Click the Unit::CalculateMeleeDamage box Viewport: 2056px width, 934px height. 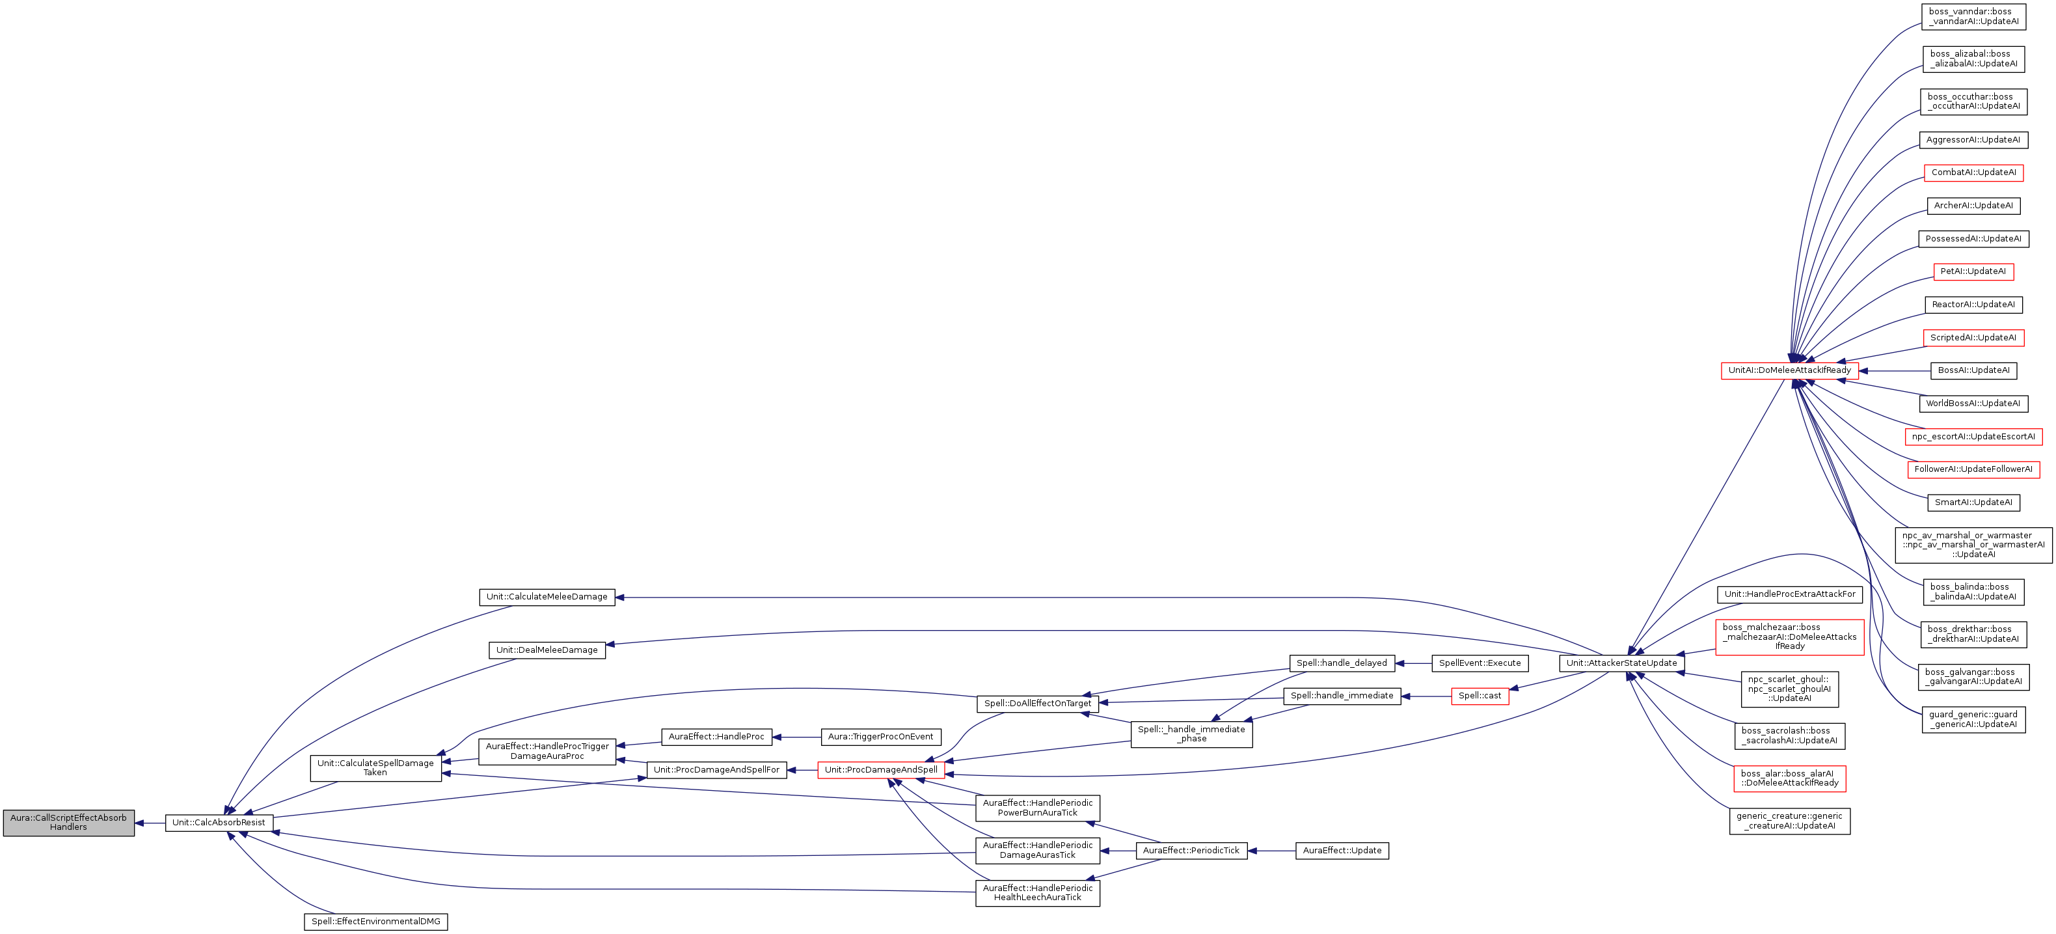click(547, 597)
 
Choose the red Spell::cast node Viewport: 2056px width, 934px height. click(1480, 696)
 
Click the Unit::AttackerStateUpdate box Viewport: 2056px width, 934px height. click(1622, 663)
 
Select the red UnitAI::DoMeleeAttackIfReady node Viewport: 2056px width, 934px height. click(1789, 370)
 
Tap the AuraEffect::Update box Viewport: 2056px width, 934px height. click(1342, 851)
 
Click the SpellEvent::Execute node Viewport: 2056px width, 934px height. click(1480, 663)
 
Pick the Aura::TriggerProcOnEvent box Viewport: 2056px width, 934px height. click(880, 737)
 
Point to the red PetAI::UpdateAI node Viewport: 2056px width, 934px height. click(1973, 271)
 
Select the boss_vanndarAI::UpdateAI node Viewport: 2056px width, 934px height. click(1973, 17)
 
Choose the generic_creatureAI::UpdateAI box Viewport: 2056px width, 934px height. click(1789, 821)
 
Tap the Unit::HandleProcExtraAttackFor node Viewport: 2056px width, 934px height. click(1789, 595)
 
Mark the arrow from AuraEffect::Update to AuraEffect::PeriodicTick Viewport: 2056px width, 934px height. click(1271, 851)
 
